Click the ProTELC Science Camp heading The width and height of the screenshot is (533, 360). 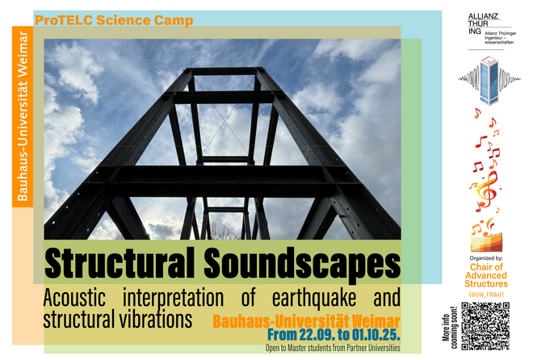(x=114, y=20)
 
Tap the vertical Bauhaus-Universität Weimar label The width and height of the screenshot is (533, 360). (x=23, y=116)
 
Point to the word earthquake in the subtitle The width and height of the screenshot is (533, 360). (x=314, y=298)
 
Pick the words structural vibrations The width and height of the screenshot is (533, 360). (x=118, y=319)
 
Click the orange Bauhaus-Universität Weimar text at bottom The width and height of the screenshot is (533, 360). (x=306, y=321)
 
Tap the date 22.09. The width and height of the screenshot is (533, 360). (x=317, y=335)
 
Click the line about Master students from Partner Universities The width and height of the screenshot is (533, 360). (x=333, y=348)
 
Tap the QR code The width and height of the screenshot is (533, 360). (x=485, y=326)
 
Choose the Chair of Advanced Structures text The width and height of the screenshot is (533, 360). (x=486, y=275)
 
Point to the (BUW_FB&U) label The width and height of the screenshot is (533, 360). (x=486, y=295)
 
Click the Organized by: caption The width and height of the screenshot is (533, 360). (x=486, y=258)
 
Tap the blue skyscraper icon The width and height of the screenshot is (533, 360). (x=489, y=81)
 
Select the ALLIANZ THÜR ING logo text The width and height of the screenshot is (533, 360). (x=479, y=23)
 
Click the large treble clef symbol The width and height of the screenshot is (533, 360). (x=487, y=190)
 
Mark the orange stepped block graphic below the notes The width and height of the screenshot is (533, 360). (x=486, y=242)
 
